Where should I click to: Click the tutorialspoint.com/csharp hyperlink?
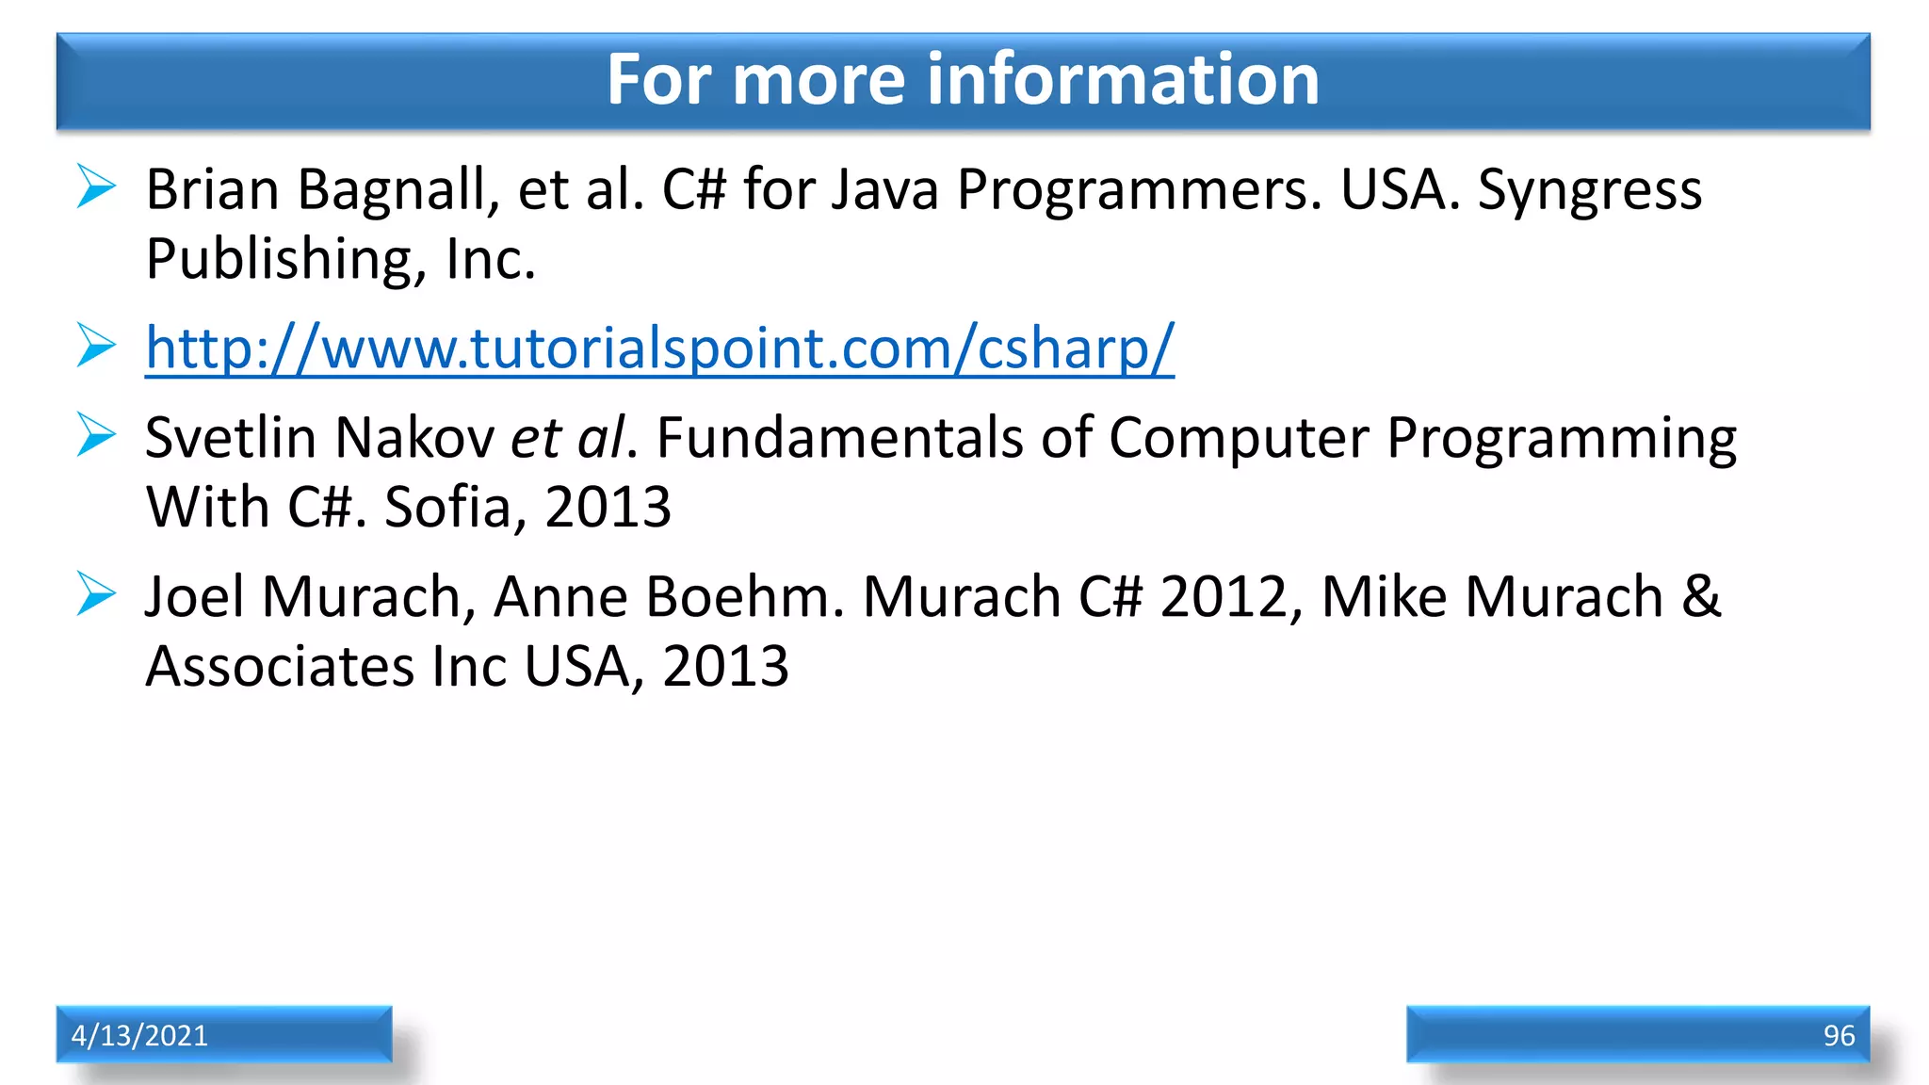pos(659,348)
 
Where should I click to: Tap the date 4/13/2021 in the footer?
pos(139,1035)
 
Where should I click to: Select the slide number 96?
pos(1839,1035)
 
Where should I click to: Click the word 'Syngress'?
pos(1589,191)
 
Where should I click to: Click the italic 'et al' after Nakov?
pos(567,438)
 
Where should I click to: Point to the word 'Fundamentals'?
pos(839,438)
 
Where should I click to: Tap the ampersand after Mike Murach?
pos(1701,597)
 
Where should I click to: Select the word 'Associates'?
pos(280,667)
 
